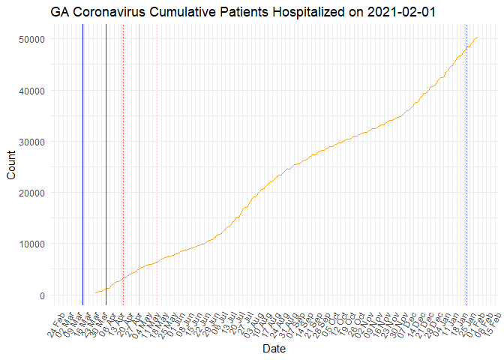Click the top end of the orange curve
[x=478, y=37]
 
